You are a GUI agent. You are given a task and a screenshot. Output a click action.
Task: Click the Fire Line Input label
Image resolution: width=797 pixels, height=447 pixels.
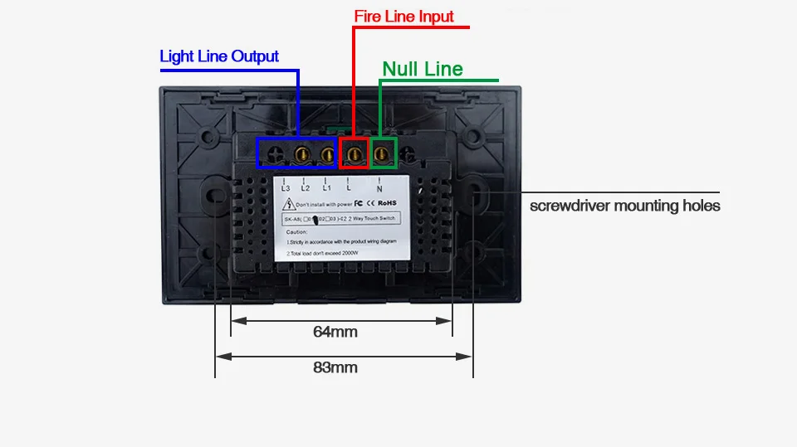[x=403, y=17]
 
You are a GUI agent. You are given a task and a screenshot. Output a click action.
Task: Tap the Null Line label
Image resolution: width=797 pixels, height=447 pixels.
[x=422, y=69]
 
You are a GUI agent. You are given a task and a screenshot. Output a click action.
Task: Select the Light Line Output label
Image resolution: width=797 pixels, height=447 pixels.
[x=219, y=56]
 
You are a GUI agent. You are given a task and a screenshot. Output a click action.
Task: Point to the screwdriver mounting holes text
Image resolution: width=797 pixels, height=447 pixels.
[x=624, y=206]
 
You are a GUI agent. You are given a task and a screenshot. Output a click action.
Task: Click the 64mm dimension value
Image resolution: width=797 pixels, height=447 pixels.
[x=335, y=332]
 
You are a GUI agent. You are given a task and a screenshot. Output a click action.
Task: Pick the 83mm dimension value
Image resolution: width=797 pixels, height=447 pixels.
[x=335, y=367]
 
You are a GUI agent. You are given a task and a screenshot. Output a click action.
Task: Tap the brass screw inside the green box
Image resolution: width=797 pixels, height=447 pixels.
[x=383, y=153]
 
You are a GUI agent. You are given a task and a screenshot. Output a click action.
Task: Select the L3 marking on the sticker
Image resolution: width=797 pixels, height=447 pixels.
[x=286, y=188]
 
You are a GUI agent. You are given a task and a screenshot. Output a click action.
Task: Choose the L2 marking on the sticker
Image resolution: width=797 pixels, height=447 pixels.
[x=306, y=188]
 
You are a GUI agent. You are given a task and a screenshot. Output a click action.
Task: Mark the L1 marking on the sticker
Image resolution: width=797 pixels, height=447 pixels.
[x=326, y=188]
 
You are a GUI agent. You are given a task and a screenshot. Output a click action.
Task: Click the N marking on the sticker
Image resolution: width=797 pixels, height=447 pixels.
[x=379, y=189]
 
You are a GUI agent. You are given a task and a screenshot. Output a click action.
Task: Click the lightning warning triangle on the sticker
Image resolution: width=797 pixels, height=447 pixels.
[x=287, y=204]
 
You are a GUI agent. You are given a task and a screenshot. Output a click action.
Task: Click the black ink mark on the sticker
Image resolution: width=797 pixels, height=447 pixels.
[x=315, y=221]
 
